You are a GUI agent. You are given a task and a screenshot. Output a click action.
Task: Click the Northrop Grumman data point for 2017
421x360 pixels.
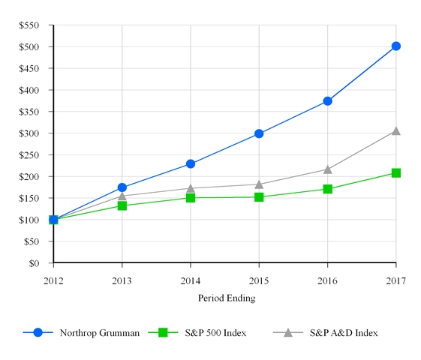point(395,46)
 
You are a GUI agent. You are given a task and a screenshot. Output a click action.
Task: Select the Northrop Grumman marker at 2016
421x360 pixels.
point(327,100)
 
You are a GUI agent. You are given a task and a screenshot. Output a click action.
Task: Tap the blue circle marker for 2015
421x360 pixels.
point(259,133)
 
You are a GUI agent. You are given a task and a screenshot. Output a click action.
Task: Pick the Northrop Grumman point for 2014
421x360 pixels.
point(191,163)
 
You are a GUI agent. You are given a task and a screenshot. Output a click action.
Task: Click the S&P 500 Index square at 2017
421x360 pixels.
point(395,173)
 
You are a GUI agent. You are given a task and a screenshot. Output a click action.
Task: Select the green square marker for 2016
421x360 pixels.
point(327,189)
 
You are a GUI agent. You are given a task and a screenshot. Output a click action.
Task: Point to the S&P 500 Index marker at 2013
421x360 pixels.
point(122,205)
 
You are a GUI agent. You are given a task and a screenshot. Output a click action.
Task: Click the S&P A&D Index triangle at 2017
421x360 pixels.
point(395,131)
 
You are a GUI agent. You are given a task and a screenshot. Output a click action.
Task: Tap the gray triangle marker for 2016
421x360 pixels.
point(327,169)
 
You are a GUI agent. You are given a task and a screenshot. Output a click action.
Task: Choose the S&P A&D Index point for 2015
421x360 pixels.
point(259,184)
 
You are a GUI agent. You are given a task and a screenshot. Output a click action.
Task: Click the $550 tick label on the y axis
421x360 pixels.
point(29,25)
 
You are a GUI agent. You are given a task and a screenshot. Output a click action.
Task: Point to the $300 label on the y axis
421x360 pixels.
point(29,133)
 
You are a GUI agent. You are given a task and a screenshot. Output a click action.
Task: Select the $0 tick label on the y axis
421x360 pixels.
point(34,263)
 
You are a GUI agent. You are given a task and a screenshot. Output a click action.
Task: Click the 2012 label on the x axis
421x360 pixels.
point(53,280)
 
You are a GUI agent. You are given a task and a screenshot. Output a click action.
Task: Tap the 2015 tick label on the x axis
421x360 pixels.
point(259,280)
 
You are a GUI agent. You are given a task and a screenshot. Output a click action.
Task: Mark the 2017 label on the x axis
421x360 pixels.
point(395,280)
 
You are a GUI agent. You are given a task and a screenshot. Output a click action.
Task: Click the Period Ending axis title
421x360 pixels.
point(227,298)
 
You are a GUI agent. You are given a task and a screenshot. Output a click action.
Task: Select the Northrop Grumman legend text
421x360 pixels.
point(100,333)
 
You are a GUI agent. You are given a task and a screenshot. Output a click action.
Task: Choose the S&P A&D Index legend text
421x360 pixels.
point(344,333)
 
